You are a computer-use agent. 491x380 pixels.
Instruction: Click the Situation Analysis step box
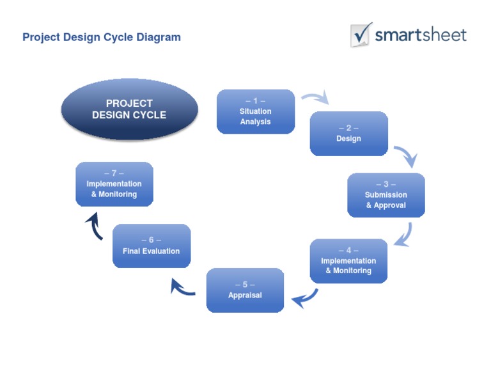coord(256,112)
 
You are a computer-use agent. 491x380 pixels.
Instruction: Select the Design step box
coord(348,134)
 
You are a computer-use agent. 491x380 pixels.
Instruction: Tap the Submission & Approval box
coord(386,195)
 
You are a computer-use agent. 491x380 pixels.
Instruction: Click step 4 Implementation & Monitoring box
coord(348,261)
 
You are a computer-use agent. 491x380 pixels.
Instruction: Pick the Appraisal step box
coord(245,290)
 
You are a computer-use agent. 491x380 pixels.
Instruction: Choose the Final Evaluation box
coord(152,246)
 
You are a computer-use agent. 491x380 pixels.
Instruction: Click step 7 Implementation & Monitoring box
coord(114,184)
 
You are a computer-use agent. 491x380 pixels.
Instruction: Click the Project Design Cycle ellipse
coord(129,109)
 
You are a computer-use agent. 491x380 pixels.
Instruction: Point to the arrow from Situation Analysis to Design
coord(315,98)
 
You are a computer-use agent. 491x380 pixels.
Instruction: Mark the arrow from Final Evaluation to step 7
coord(94,226)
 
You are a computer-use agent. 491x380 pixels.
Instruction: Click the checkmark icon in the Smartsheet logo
coord(361,34)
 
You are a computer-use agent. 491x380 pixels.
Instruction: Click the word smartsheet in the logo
coord(421,35)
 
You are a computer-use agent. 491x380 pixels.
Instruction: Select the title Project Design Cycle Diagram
coord(102,37)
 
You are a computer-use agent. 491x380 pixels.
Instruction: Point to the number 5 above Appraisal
coord(245,285)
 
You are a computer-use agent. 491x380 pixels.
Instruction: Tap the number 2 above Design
coord(348,128)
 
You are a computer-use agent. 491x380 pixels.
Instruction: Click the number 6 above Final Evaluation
coord(152,241)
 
